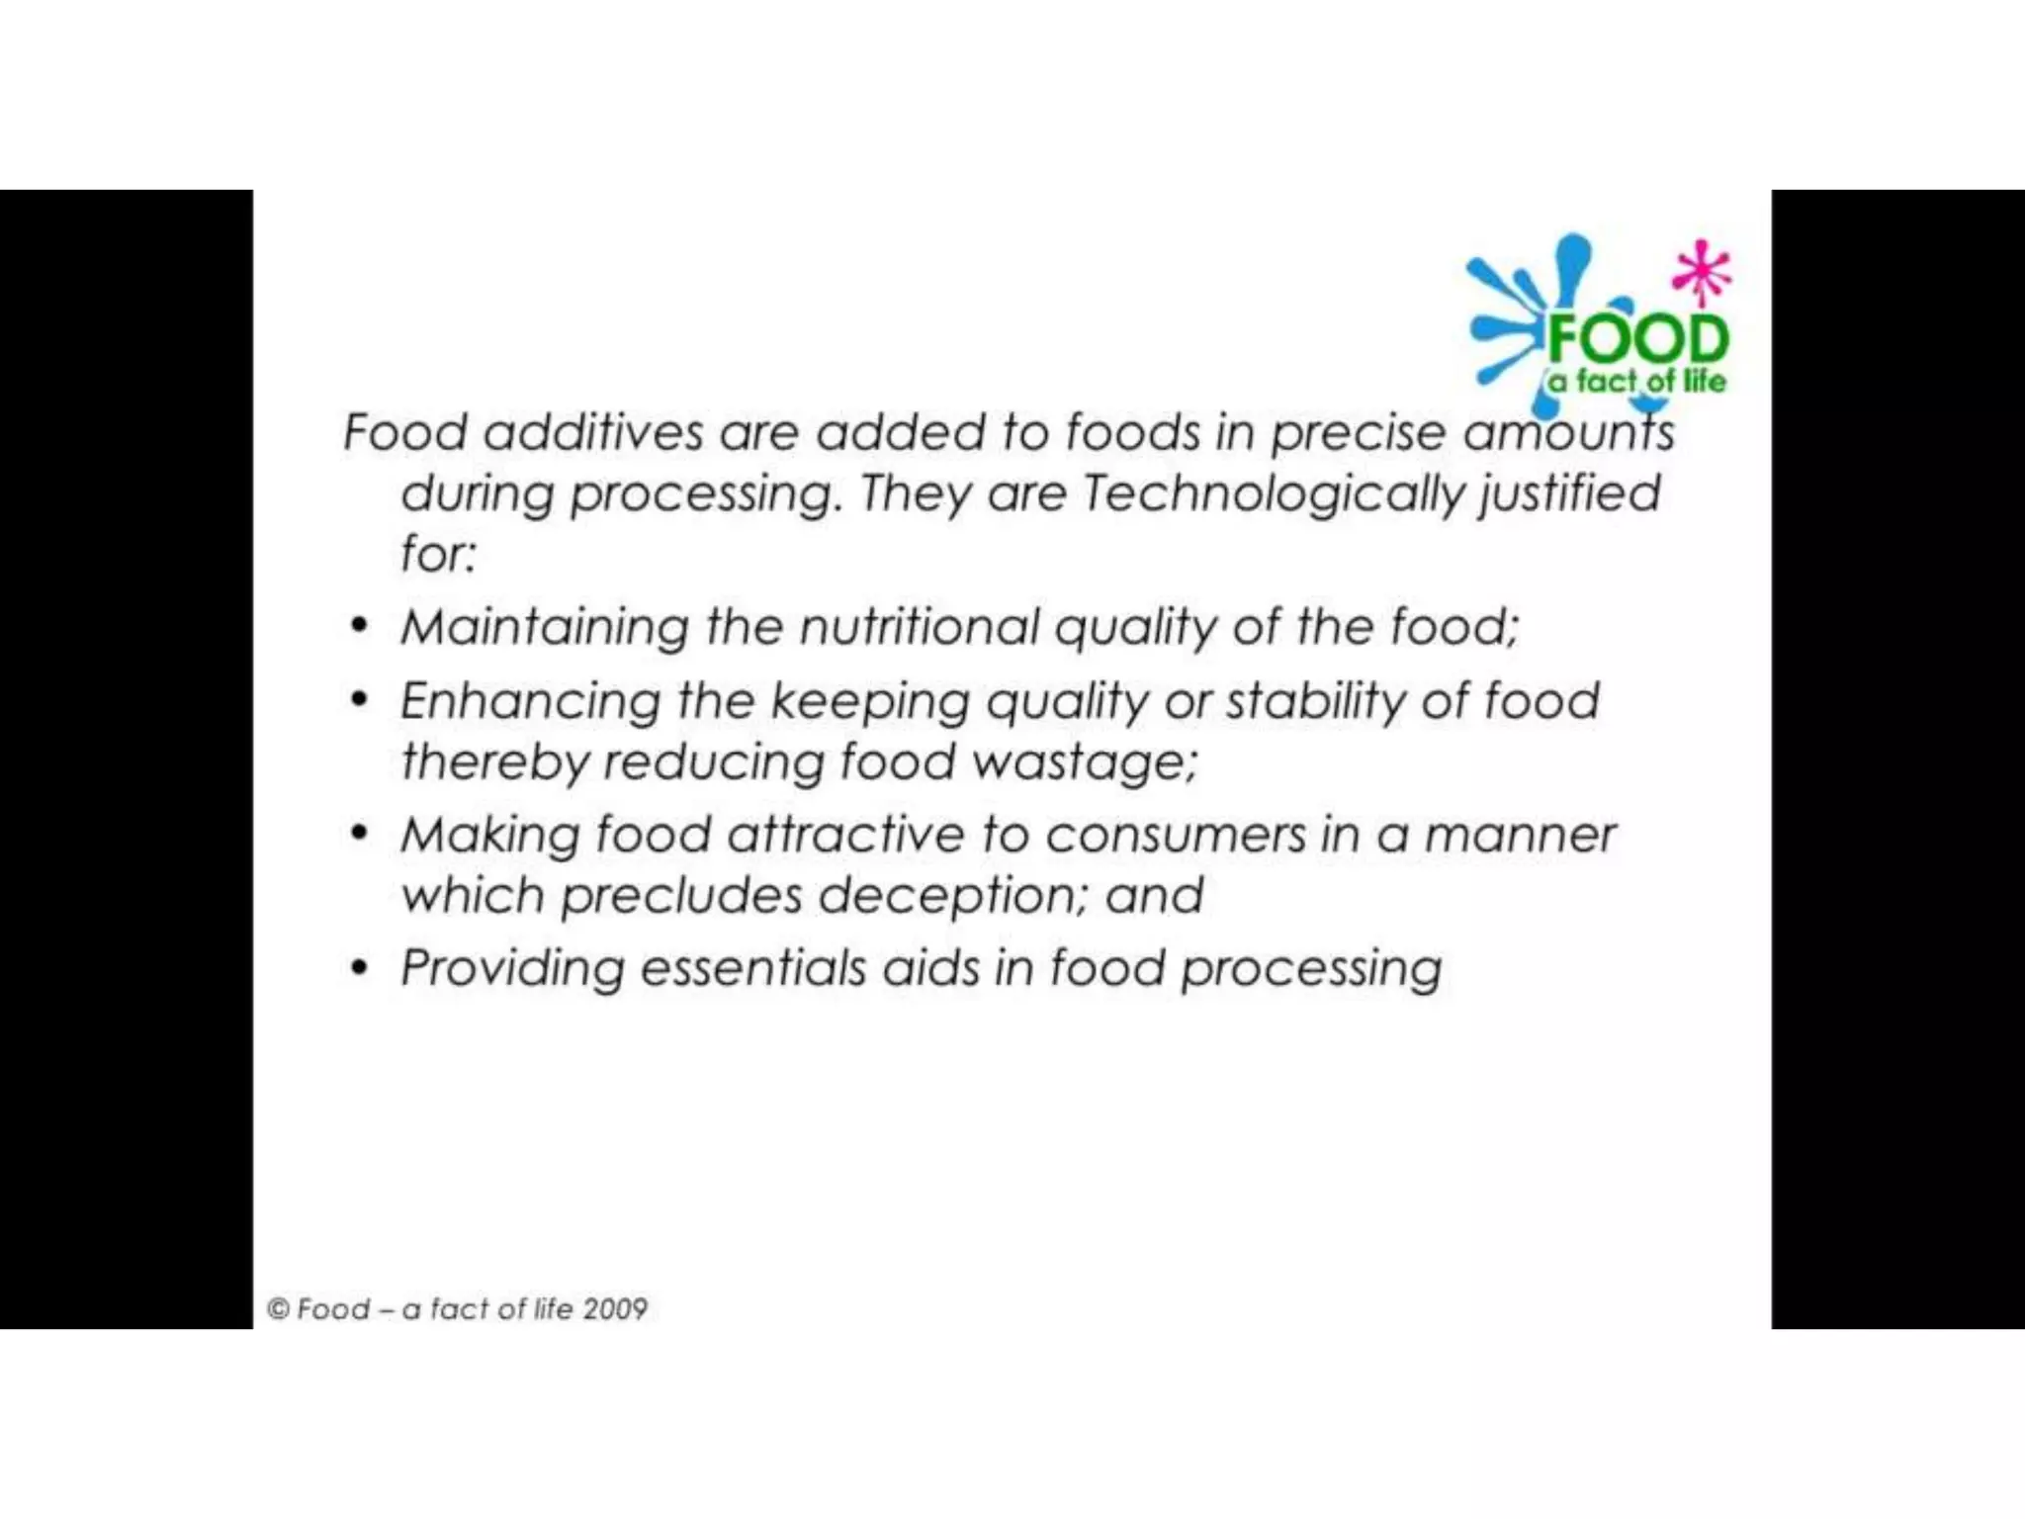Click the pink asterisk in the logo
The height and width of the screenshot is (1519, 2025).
point(1701,270)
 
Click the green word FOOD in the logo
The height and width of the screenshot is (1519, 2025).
point(1637,339)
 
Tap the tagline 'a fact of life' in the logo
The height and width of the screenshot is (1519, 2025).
point(1636,381)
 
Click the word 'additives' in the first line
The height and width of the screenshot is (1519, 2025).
point(593,432)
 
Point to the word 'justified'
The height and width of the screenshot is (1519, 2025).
point(1569,493)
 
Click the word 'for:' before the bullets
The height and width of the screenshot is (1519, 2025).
point(438,553)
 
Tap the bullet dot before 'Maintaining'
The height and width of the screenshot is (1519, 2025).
point(360,626)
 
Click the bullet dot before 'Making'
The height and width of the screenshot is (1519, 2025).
point(360,834)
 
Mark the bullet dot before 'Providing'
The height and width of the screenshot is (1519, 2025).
point(360,967)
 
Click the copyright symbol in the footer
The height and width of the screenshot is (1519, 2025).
point(278,1309)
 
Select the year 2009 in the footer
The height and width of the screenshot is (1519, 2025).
point(615,1309)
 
